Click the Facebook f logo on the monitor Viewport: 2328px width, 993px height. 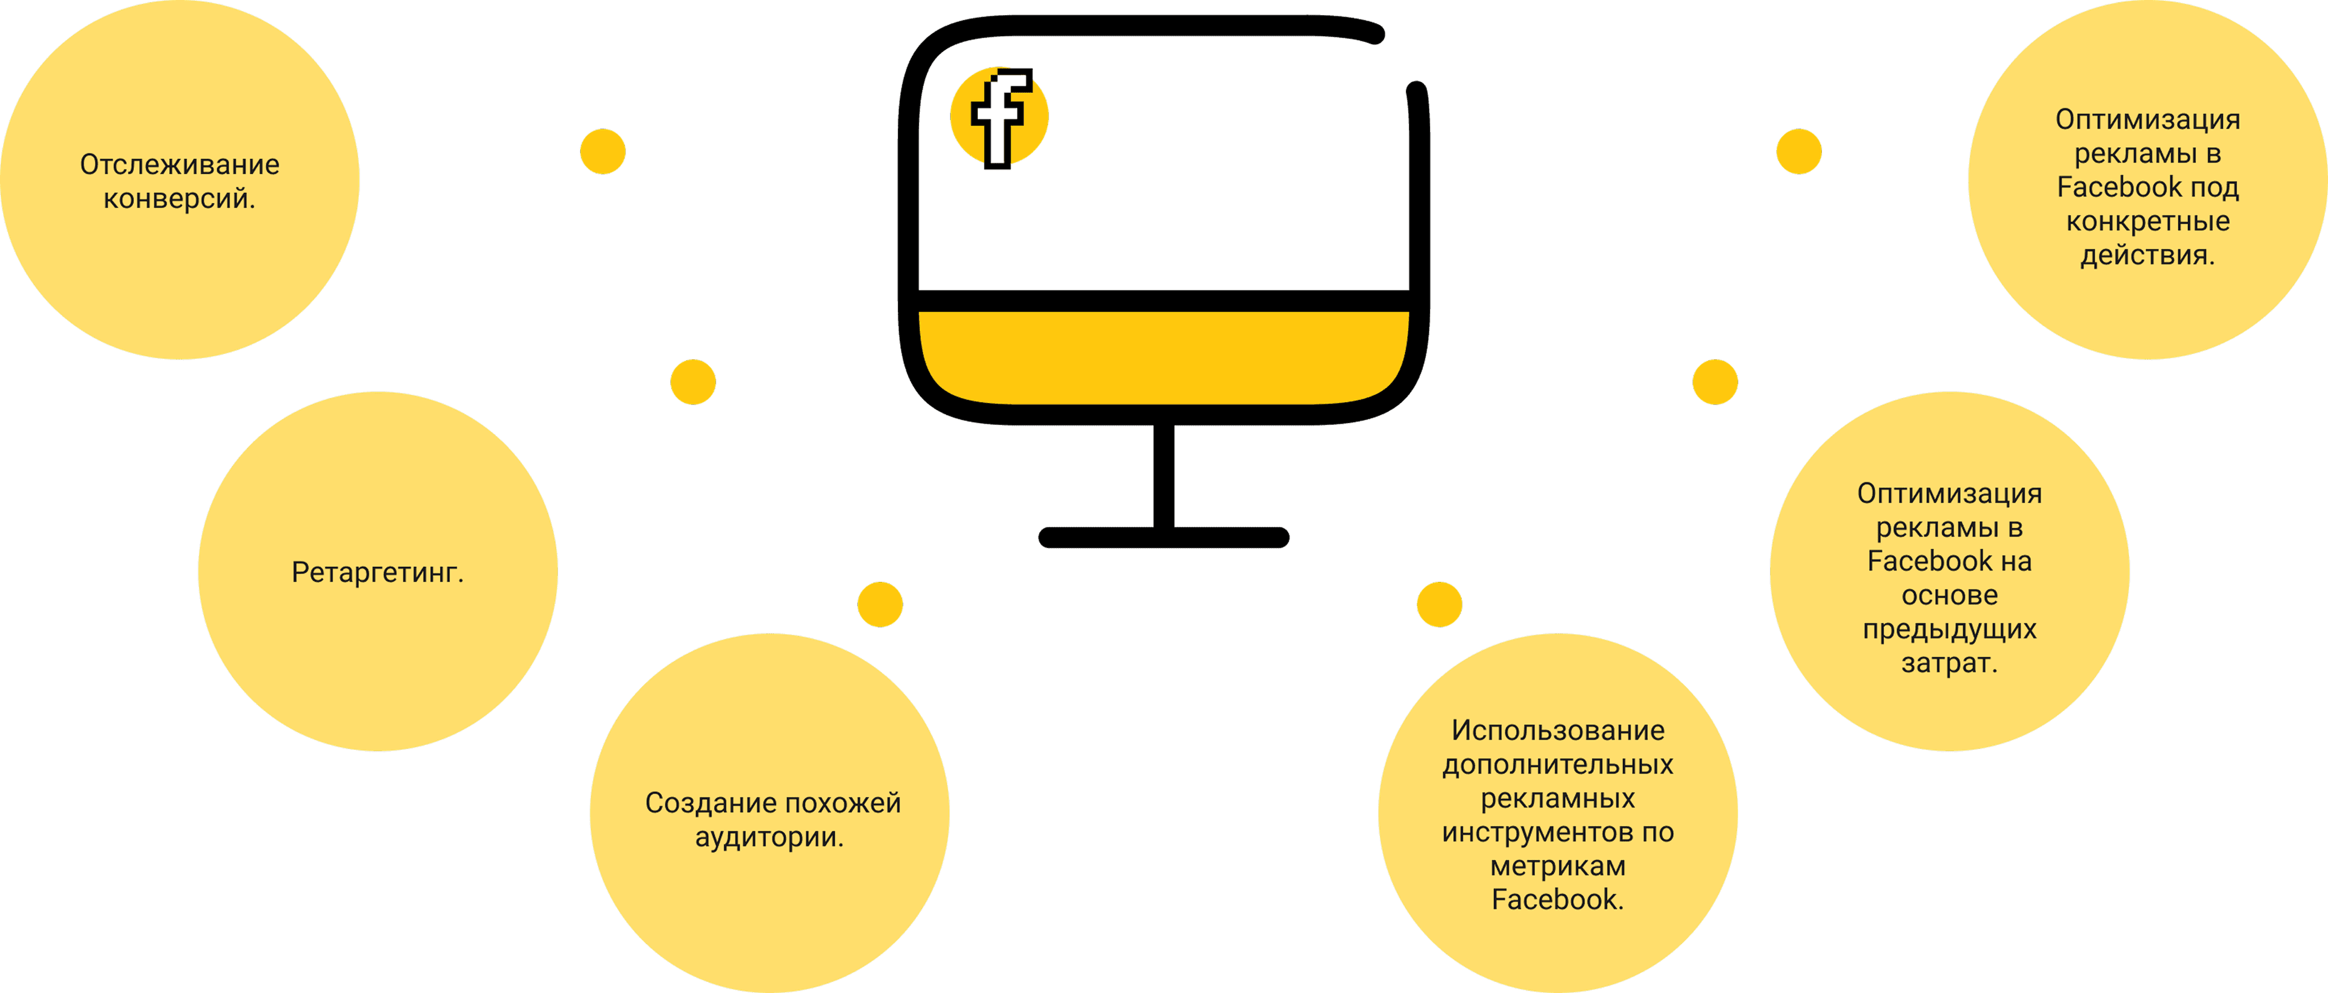pos(1000,118)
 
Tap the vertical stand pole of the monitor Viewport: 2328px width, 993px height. pos(1164,475)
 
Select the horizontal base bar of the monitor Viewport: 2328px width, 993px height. pos(1164,538)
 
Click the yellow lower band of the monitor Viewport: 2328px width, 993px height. pos(1164,358)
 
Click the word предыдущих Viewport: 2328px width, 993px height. pos(1949,630)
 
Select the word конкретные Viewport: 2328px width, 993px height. pos(2148,221)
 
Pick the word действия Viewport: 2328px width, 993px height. pos(2148,256)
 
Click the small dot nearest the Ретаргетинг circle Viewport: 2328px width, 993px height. pos(693,382)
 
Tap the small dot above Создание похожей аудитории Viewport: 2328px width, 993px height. pos(880,604)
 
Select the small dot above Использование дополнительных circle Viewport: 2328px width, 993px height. pos(1440,604)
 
